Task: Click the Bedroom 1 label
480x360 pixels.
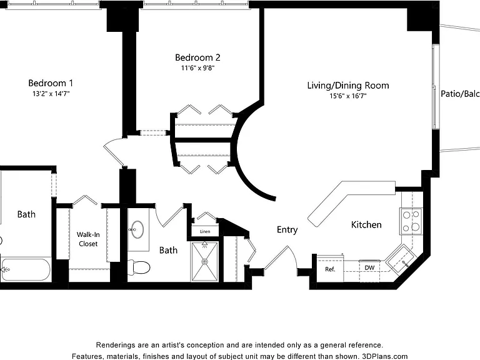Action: tap(51, 83)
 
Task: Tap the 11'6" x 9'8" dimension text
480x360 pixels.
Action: tap(197, 68)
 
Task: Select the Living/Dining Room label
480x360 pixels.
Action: tap(348, 86)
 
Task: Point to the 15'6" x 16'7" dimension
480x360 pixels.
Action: tap(348, 96)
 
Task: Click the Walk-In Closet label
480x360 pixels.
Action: tap(88, 239)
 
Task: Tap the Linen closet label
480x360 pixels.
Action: tap(205, 231)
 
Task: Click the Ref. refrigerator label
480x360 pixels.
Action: tap(330, 269)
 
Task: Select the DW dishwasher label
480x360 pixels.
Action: tap(369, 268)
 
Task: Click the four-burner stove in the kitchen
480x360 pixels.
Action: tap(411, 221)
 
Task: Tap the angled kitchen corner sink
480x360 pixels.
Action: tap(400, 260)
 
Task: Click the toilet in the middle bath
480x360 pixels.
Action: tap(139, 267)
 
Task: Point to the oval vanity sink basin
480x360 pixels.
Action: tap(137, 229)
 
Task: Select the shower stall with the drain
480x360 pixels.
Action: tap(204, 261)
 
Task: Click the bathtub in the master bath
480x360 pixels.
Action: tap(26, 270)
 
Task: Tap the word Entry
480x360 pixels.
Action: tap(287, 229)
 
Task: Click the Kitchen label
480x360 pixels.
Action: tap(366, 225)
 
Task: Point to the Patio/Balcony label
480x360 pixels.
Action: tap(460, 94)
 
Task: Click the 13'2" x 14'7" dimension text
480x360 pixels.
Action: tap(51, 94)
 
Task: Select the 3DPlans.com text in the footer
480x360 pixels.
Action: tap(385, 356)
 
